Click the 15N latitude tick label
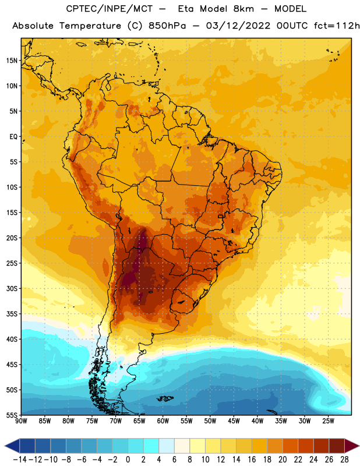click(12, 61)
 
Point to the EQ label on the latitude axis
click(13, 137)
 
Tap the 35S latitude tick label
click(12, 314)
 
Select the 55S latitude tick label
click(12, 415)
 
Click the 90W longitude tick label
click(21, 421)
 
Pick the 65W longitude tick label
click(139, 421)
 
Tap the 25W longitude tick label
click(328, 421)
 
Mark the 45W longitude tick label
click(234, 421)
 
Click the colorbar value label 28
click(344, 460)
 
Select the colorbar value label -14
click(20, 460)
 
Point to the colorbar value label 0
click(128, 460)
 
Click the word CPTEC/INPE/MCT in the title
click(110, 9)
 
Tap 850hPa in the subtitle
click(167, 26)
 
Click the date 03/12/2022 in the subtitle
click(238, 26)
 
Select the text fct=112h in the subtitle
click(337, 26)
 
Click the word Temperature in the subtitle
click(90, 26)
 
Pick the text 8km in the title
click(243, 9)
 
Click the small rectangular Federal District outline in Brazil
click(220, 216)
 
